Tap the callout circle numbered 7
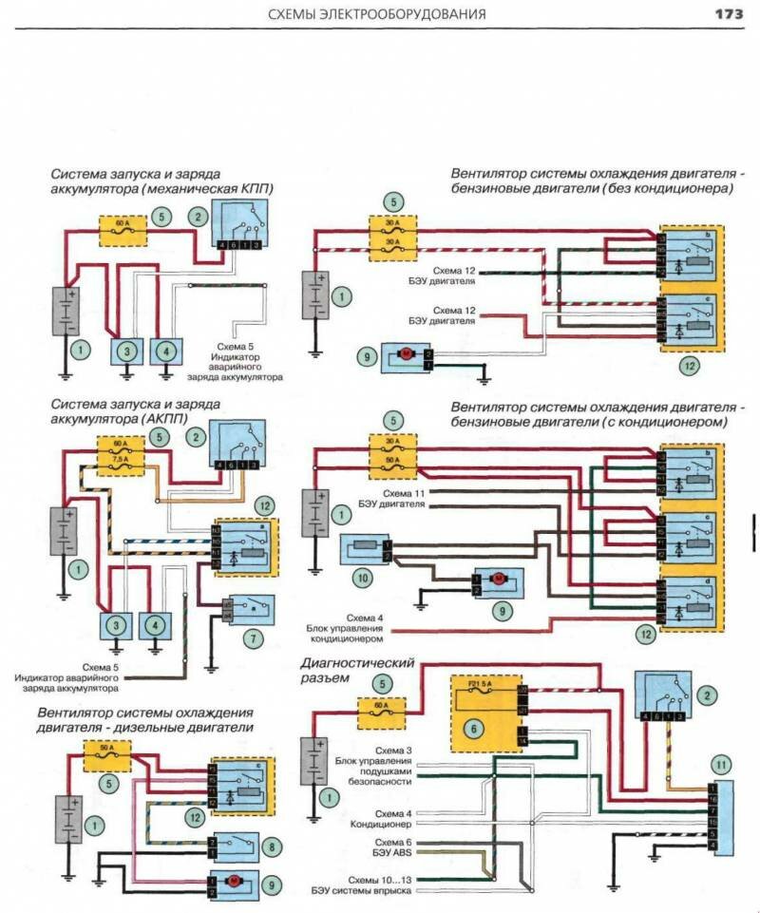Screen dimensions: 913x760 (x=254, y=639)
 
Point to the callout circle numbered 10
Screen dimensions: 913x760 (x=360, y=578)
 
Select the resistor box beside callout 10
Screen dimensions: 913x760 (x=364, y=549)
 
